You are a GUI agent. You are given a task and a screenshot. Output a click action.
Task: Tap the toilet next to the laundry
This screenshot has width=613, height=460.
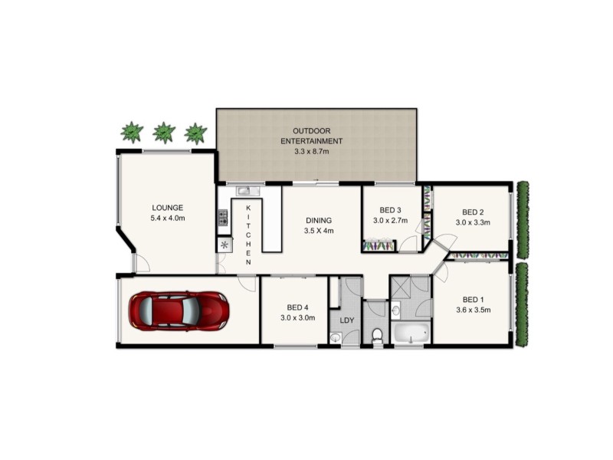[376, 335]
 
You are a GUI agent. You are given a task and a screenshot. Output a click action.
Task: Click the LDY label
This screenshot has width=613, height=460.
[346, 320]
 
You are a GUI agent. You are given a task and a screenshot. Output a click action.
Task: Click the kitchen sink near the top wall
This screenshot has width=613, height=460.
[242, 191]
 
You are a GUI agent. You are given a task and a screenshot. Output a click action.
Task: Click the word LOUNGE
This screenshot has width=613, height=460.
[167, 208]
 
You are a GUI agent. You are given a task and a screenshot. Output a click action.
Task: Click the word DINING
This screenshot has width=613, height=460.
[319, 219]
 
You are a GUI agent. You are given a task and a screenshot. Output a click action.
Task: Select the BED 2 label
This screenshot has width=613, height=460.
[473, 212]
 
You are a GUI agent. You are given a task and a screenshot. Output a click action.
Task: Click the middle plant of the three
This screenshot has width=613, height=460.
[164, 133]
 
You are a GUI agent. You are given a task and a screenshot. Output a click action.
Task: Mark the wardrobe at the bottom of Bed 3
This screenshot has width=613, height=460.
[379, 246]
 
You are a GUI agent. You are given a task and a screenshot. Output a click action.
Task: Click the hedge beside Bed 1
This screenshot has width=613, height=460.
[523, 304]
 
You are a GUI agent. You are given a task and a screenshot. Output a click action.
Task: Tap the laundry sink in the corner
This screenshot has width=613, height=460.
[336, 337]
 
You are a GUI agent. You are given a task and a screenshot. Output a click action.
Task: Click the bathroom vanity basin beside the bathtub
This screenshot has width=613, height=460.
[395, 310]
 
